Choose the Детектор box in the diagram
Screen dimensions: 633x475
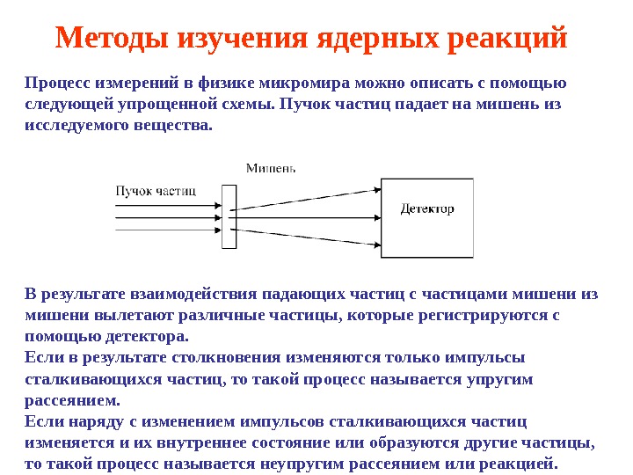click(427, 216)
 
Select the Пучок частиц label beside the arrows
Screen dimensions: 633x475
click(156, 190)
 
